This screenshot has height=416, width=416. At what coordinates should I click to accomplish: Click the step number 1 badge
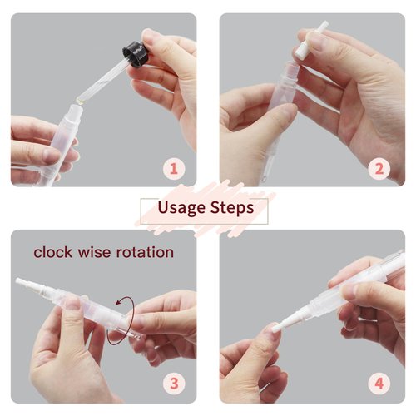(174, 168)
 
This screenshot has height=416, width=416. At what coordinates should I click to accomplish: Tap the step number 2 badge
(379, 168)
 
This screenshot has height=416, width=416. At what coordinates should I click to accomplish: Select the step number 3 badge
(174, 384)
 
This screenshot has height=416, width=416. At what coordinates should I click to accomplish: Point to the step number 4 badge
(379, 384)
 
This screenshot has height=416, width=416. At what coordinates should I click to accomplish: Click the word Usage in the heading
(181, 208)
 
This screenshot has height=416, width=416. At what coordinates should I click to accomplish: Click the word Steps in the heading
(232, 207)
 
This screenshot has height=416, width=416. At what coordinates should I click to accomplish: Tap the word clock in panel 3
(52, 252)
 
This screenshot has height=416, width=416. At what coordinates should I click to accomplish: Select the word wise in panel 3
(94, 252)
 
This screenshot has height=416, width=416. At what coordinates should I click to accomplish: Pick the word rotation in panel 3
(145, 252)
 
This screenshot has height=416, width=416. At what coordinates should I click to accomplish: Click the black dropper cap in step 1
(135, 54)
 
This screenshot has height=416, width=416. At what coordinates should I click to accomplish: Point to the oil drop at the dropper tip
(80, 101)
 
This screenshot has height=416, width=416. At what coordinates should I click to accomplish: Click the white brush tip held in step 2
(312, 39)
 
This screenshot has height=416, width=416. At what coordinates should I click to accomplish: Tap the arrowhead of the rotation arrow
(119, 302)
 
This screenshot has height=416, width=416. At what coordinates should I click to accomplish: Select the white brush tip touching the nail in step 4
(282, 322)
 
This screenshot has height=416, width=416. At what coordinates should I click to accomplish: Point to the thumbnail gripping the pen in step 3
(73, 303)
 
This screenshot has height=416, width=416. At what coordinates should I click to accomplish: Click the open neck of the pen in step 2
(291, 67)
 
